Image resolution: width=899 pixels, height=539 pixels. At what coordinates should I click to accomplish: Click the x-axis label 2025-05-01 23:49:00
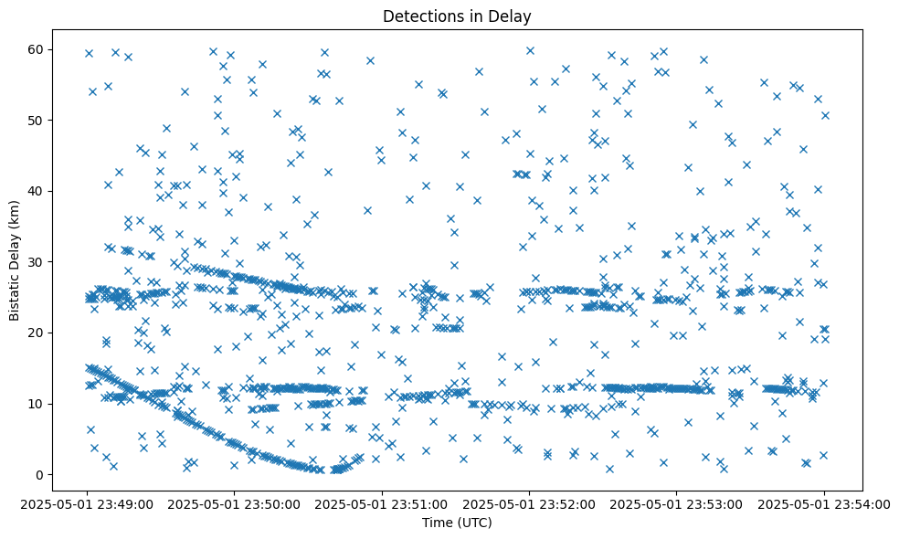tap(87, 502)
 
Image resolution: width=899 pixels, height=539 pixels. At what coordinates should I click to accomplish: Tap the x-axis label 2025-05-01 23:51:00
tap(382, 502)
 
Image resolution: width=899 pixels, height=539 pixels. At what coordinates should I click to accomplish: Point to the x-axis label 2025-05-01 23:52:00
tap(529, 502)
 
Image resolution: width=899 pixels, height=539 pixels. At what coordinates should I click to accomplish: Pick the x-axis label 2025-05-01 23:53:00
tap(677, 502)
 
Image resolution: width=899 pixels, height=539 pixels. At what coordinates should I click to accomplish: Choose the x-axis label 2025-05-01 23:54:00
tap(824, 502)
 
